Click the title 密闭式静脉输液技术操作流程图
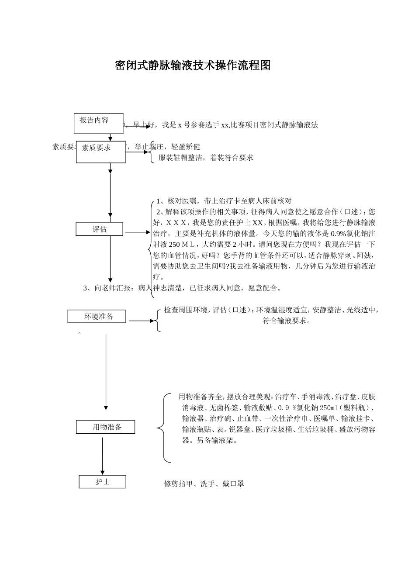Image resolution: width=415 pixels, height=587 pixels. (x=193, y=66)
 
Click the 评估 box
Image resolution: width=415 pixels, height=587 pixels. (x=100, y=229)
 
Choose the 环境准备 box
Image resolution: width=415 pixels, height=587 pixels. (x=97, y=317)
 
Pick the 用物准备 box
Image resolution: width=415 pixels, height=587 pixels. (x=106, y=427)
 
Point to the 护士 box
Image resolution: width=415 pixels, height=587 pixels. (x=103, y=482)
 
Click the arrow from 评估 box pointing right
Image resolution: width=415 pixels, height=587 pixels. (x=137, y=233)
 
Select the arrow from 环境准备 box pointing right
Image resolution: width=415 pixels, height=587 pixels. (x=142, y=321)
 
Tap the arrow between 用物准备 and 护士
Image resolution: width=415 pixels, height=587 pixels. (x=103, y=456)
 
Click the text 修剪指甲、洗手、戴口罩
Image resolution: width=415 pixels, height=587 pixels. (x=204, y=484)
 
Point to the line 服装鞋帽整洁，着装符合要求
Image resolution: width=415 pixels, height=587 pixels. (x=206, y=158)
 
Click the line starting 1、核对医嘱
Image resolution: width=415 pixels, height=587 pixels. (x=224, y=201)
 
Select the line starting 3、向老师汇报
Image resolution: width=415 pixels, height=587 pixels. (x=183, y=288)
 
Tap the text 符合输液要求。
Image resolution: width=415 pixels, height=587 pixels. (x=287, y=321)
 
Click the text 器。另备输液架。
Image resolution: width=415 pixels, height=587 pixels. (x=210, y=441)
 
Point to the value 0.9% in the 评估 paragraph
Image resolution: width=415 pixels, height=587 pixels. (x=338, y=234)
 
